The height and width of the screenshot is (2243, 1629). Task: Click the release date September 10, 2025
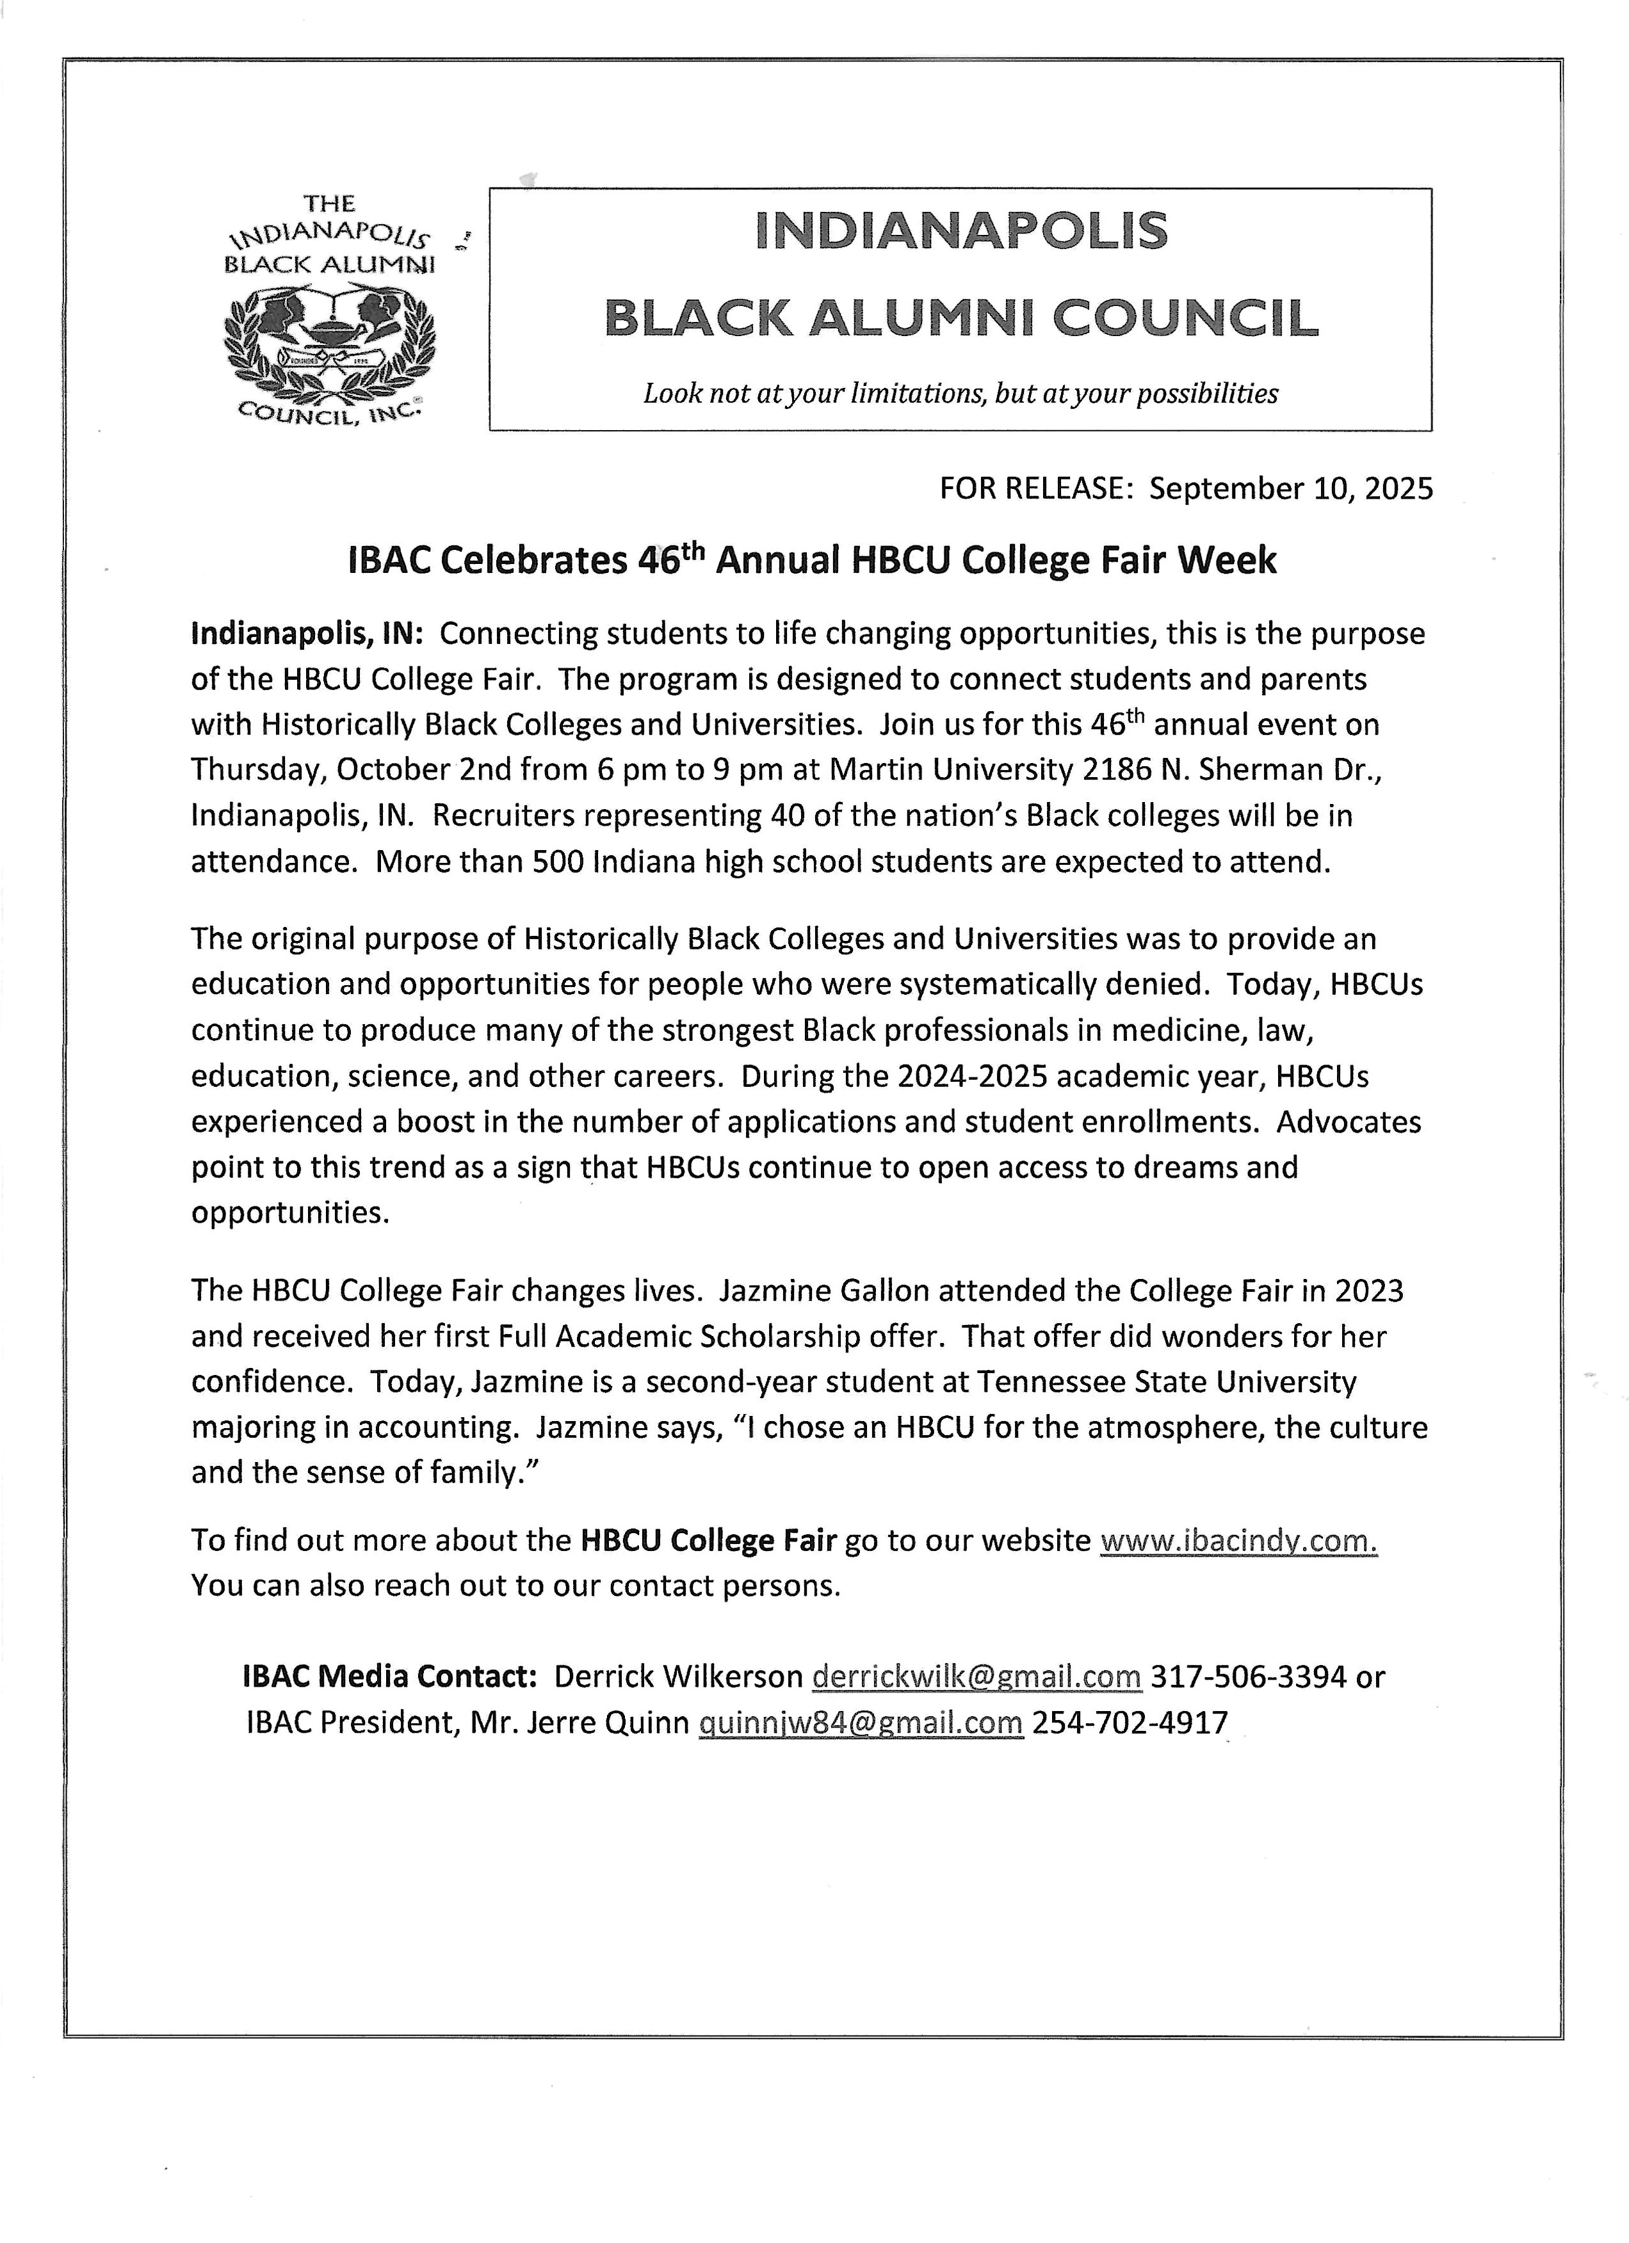coord(1291,488)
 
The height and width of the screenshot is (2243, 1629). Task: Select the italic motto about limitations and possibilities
coord(960,394)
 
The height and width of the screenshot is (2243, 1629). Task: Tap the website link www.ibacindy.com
coord(1238,1541)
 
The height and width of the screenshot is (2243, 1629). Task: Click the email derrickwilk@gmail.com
coord(977,1676)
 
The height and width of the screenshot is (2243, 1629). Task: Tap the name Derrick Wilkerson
coord(679,1676)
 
